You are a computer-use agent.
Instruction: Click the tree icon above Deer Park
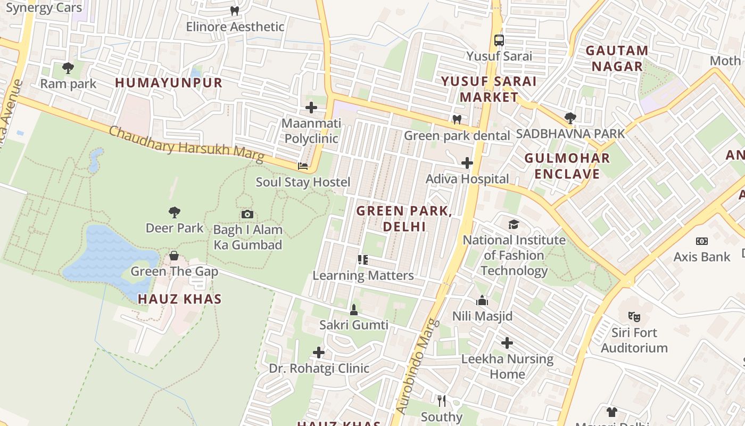tap(174, 212)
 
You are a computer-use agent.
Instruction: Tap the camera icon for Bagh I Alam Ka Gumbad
tap(247, 214)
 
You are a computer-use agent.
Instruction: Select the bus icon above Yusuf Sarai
tap(499, 40)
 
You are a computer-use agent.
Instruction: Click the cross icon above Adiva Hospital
tap(467, 163)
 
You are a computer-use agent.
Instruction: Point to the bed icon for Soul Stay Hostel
tap(303, 166)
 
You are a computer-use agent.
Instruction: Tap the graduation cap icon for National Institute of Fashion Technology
tap(514, 224)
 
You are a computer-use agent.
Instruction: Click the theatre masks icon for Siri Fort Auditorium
tap(634, 317)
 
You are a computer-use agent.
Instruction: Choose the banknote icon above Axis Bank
tap(702, 241)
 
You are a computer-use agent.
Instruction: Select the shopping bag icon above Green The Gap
tap(174, 256)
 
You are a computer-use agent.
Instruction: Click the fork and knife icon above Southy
tap(441, 400)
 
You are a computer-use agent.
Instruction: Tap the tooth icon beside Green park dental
tap(457, 119)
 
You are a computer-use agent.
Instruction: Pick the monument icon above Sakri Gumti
tap(354, 309)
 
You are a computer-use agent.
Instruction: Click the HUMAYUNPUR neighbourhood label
tap(169, 83)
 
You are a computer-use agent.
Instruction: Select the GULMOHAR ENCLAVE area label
tap(567, 166)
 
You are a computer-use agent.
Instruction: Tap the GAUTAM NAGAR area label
tap(617, 59)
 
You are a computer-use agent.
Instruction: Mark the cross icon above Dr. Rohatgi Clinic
tap(318, 353)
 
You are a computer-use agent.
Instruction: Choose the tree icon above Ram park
tap(68, 68)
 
